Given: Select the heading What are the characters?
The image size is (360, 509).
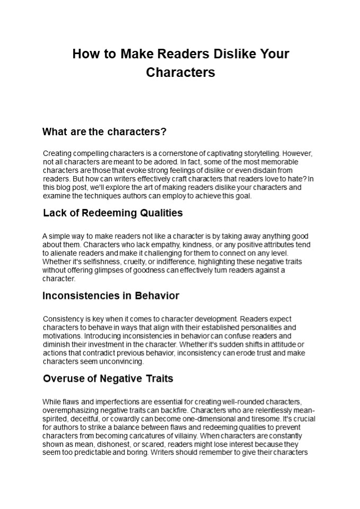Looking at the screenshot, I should tap(104, 131).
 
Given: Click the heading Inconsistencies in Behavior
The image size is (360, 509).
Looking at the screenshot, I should tap(111, 295).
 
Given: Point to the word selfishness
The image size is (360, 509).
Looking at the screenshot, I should tap(94, 261).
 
